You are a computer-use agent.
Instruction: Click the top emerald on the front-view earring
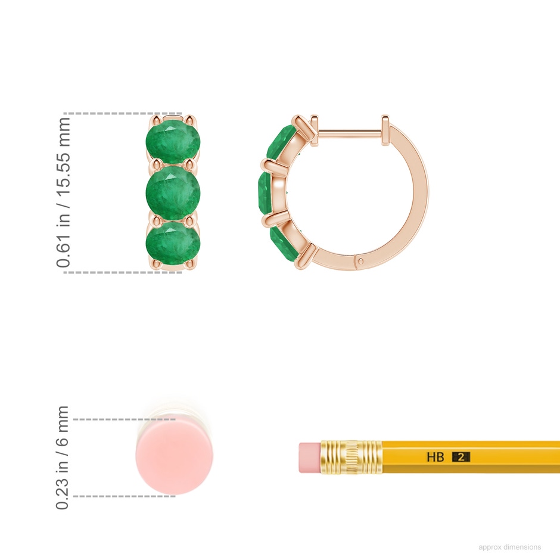pyautogui.click(x=173, y=142)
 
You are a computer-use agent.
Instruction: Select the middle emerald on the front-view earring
pyautogui.click(x=173, y=193)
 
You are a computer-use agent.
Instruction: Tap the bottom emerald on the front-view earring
pyautogui.click(x=173, y=244)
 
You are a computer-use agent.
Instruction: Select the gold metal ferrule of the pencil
pyautogui.click(x=351, y=458)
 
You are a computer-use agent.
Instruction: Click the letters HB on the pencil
pyautogui.click(x=435, y=457)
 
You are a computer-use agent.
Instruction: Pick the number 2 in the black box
pyautogui.click(x=461, y=457)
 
